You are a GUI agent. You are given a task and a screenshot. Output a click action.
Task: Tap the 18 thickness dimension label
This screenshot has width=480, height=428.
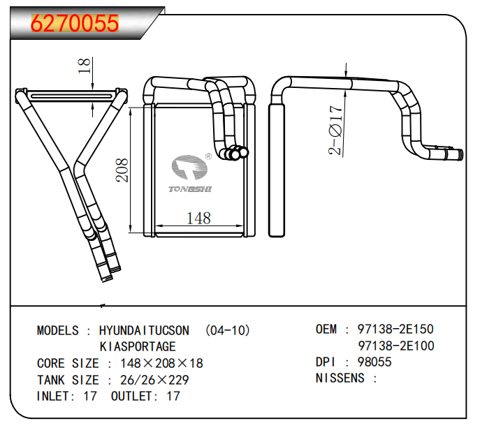pyautogui.click(x=85, y=66)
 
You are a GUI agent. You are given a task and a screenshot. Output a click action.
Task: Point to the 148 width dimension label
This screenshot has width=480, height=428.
pyautogui.click(x=198, y=219)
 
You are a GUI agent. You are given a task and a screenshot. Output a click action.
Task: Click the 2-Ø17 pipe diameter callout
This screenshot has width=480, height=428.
pyautogui.click(x=336, y=129)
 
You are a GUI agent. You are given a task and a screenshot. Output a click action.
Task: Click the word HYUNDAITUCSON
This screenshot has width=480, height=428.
pyautogui.click(x=144, y=330)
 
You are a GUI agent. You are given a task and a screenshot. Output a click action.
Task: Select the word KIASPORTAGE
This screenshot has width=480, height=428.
pyautogui.click(x=138, y=347)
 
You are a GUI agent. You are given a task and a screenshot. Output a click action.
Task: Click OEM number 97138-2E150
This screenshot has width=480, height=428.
pyautogui.click(x=395, y=329)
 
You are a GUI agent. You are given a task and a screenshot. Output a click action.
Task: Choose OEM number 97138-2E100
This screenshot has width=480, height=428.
pyautogui.click(x=395, y=346)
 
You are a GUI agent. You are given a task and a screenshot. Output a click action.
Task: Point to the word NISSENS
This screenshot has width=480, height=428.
pyautogui.click(x=340, y=378)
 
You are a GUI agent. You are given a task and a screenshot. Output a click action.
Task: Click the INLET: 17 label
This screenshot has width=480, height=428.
pyautogui.click(x=67, y=397)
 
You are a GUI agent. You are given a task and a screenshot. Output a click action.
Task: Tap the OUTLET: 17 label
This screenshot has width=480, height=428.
pyautogui.click(x=145, y=397)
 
